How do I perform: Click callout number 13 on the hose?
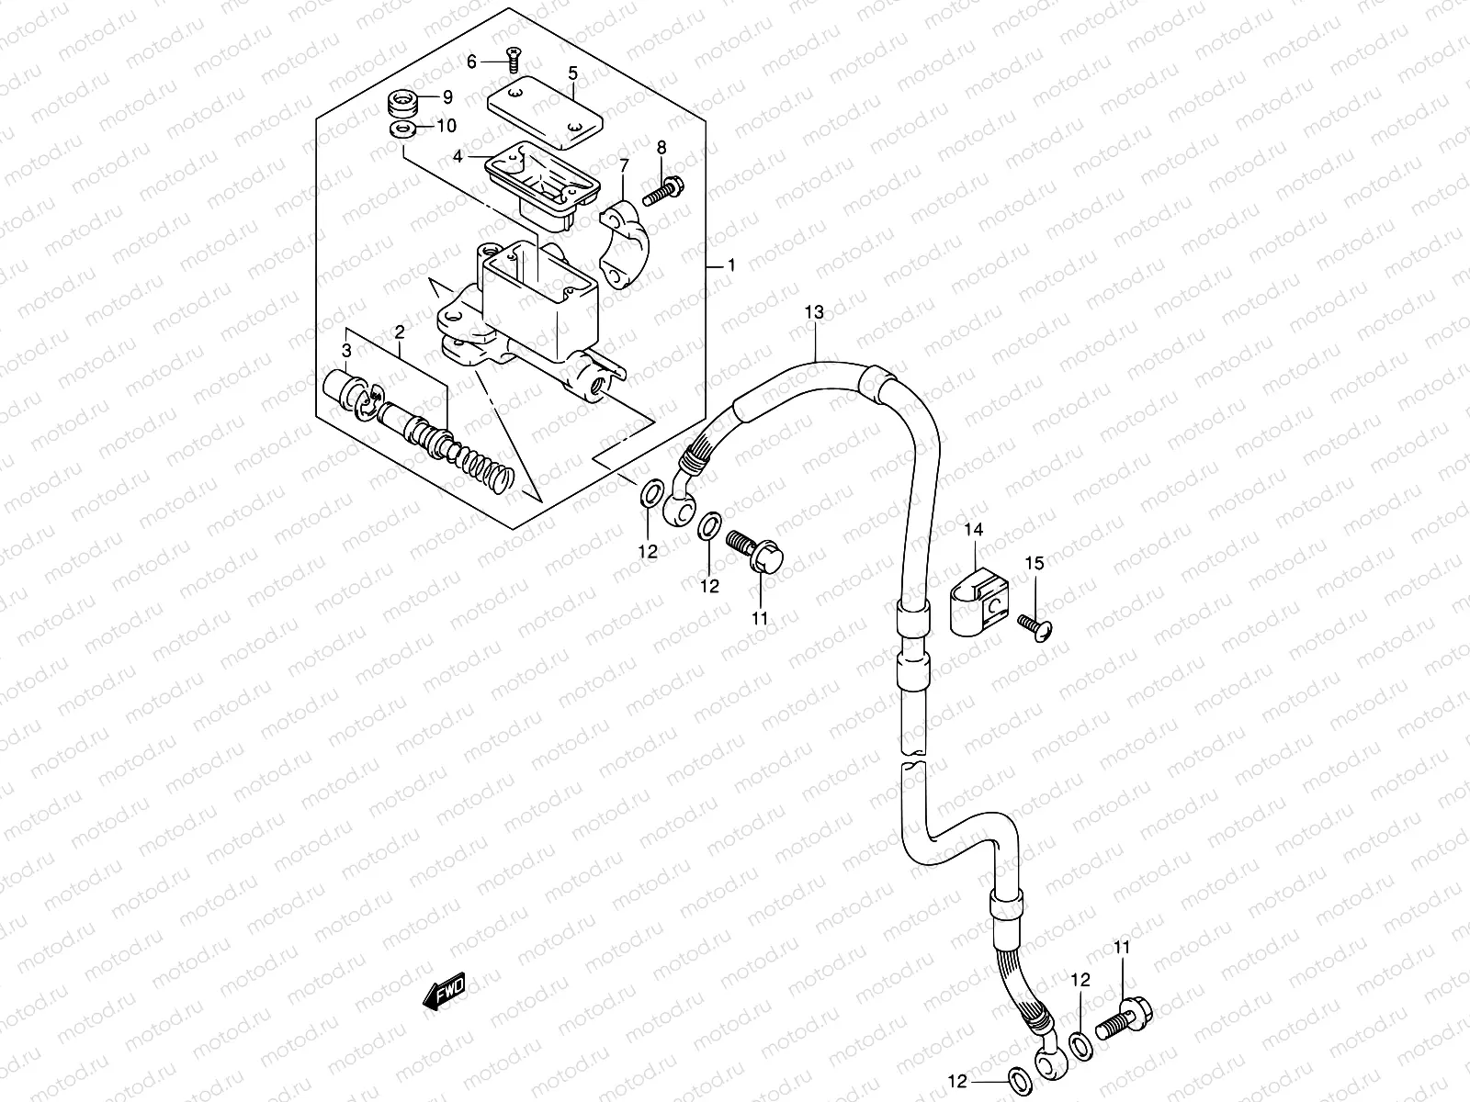coord(814,313)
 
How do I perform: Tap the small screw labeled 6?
coord(513,63)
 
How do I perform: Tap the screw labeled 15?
coord(1035,627)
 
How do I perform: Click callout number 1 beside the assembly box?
coord(731,266)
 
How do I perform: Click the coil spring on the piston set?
coord(487,469)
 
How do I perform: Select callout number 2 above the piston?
coord(400,332)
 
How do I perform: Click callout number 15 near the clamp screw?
coord(1035,563)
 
